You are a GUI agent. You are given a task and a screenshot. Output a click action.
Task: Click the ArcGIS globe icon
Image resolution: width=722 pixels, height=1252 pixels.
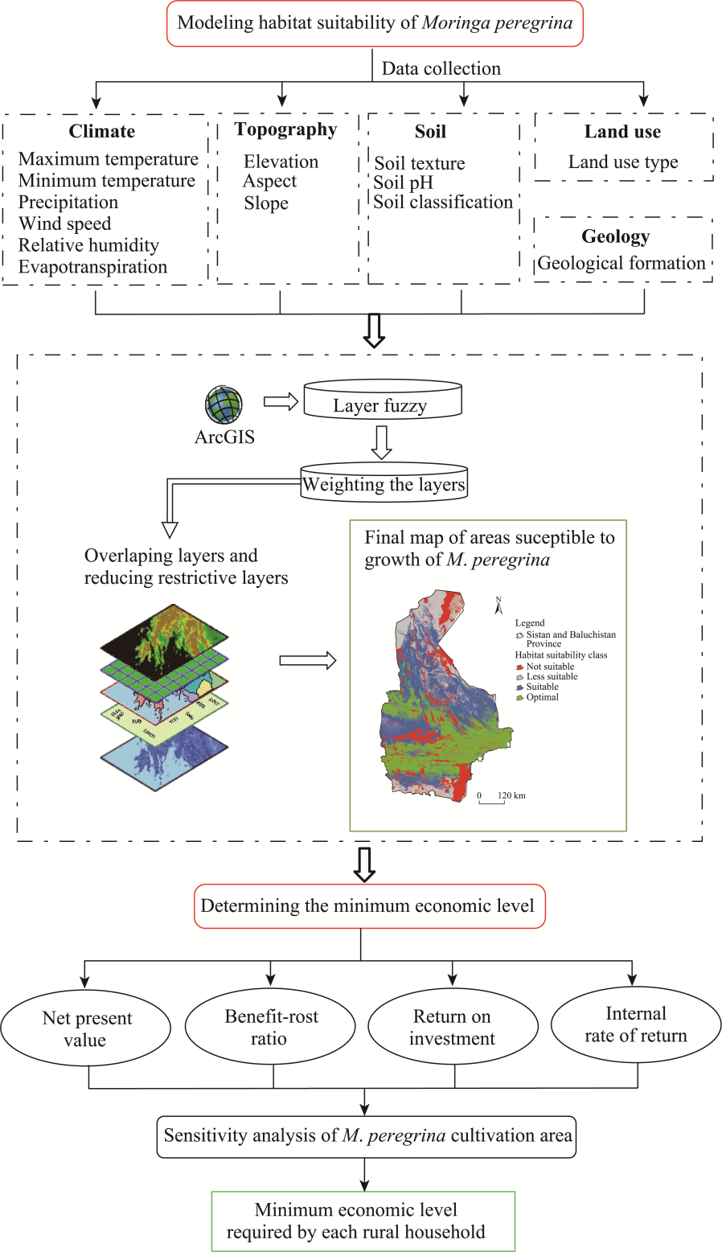[x=224, y=404]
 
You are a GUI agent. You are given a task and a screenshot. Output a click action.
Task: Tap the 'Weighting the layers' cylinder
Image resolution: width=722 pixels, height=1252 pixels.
[x=384, y=482]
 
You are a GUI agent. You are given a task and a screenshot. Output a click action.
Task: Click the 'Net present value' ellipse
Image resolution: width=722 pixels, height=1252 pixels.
[x=86, y=1029]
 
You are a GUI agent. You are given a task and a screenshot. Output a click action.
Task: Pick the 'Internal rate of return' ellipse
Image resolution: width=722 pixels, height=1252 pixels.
[x=636, y=1024]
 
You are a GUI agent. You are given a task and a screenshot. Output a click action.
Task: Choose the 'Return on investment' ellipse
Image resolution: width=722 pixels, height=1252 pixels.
[x=452, y=1028]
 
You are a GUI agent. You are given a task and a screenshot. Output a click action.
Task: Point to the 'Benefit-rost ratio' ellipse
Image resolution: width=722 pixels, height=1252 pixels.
[x=270, y=1027]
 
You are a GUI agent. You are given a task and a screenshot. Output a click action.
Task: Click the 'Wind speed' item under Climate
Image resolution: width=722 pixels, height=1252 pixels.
[x=65, y=224]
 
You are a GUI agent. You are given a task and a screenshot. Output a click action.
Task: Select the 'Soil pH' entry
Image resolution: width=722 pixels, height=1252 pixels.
[x=404, y=183]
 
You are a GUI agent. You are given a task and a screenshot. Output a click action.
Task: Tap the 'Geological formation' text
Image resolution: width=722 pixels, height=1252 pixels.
[x=621, y=263]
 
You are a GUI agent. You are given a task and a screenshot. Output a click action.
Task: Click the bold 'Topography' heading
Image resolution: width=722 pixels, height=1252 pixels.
[x=285, y=129]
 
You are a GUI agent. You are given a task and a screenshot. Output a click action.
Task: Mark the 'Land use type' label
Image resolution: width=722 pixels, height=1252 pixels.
[x=623, y=162]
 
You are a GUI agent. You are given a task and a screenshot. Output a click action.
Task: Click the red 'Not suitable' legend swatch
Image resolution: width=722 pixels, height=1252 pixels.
[x=520, y=667]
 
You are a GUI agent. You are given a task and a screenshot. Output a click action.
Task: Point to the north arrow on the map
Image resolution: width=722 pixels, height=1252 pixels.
[x=498, y=606]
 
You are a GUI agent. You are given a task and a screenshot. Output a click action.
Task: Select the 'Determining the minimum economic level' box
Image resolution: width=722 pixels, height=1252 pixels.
[x=370, y=906]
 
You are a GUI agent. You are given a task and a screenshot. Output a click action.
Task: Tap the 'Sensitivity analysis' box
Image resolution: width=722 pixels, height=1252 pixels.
[x=367, y=1136]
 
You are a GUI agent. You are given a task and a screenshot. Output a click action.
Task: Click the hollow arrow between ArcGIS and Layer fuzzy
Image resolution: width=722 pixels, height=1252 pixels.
[x=281, y=402]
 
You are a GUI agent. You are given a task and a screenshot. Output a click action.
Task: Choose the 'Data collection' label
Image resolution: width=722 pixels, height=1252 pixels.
[x=441, y=69]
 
